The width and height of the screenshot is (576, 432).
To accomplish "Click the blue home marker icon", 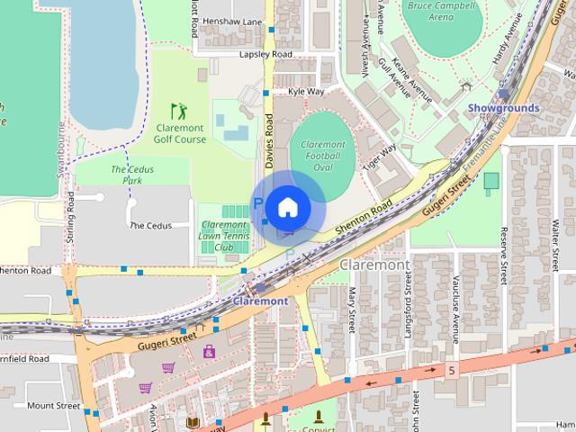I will pos(287,207).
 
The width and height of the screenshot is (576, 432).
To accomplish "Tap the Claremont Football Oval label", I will pos(323,156).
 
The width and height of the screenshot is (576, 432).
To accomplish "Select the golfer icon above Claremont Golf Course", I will pos(179,111).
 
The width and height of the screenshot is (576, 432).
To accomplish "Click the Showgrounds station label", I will pos(504,108).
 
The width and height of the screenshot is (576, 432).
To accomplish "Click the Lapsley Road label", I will pos(265,55).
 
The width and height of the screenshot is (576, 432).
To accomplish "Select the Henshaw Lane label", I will pos(232,22).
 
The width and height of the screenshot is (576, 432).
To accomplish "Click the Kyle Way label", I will pos(306,92).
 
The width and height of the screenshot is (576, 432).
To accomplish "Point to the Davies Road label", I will pos(268,144).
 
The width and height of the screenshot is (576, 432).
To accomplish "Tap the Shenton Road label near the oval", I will pos(364,219).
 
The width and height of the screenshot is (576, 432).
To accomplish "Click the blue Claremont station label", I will pos(260,301).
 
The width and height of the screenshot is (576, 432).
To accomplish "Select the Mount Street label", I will pos(53,406).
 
